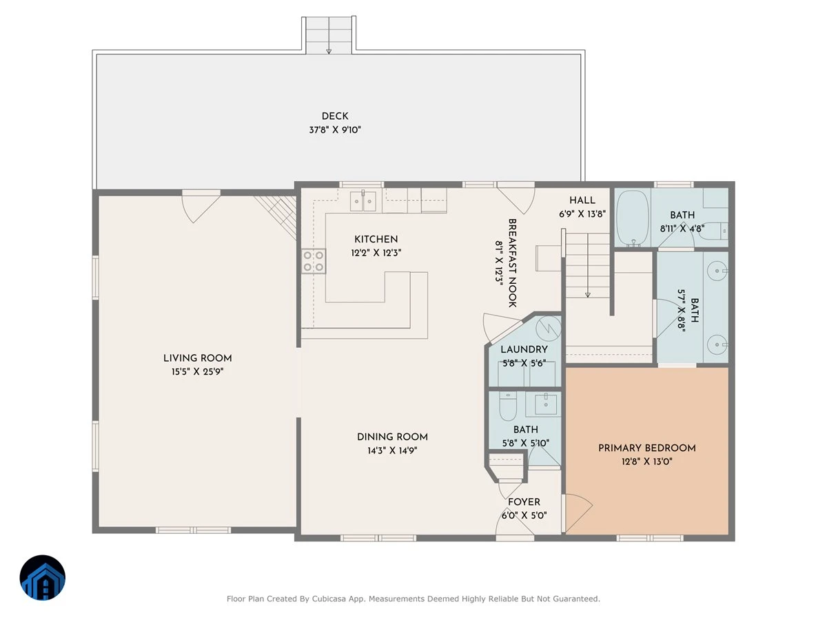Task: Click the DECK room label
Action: [x=334, y=116]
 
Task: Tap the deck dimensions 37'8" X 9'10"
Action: [x=334, y=130]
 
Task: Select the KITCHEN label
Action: [x=376, y=239]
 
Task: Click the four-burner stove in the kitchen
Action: [x=313, y=261]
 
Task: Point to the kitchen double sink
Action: [x=363, y=201]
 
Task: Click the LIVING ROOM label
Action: [x=197, y=358]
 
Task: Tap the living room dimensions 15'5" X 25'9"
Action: [x=197, y=372]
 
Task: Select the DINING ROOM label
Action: [x=392, y=437]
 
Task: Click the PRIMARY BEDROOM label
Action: [x=646, y=448]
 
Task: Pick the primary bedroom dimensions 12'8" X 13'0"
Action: [x=646, y=462]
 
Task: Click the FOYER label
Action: [x=524, y=502]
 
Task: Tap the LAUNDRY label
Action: [x=524, y=349]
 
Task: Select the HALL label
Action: [x=582, y=200]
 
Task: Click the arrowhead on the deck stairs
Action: [x=329, y=51]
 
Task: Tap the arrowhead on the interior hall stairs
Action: [x=587, y=295]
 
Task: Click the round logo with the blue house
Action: [x=43, y=577]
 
